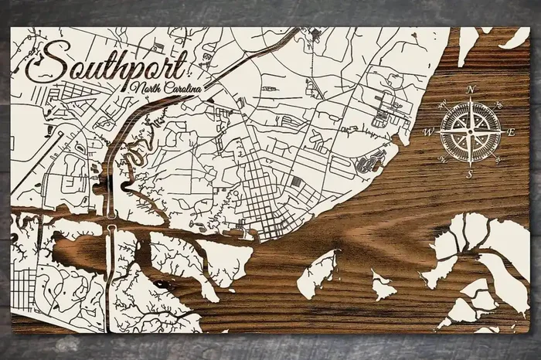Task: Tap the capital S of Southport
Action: (43, 61)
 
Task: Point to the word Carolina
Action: (182, 89)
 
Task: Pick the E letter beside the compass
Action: (510, 132)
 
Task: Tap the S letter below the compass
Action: (469, 175)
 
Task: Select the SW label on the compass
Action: (441, 161)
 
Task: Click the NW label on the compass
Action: (441, 104)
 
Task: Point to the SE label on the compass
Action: (498, 160)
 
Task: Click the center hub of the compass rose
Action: (470, 132)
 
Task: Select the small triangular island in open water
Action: (382, 285)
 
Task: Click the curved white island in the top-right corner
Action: (515, 36)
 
